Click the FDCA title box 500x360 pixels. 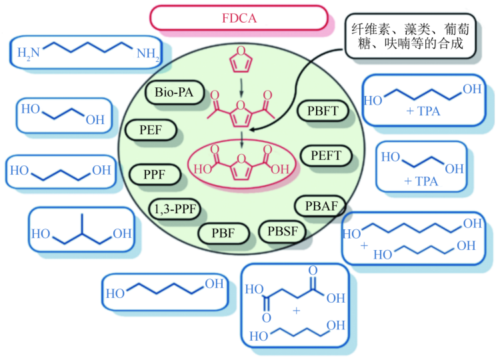coord(239,17)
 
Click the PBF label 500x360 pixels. coord(223,233)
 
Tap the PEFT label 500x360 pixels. coord(326,155)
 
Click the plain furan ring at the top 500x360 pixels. coord(241,60)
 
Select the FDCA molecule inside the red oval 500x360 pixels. coord(242,164)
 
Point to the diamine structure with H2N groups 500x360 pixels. coord(88,53)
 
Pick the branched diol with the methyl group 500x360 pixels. coord(80,230)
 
